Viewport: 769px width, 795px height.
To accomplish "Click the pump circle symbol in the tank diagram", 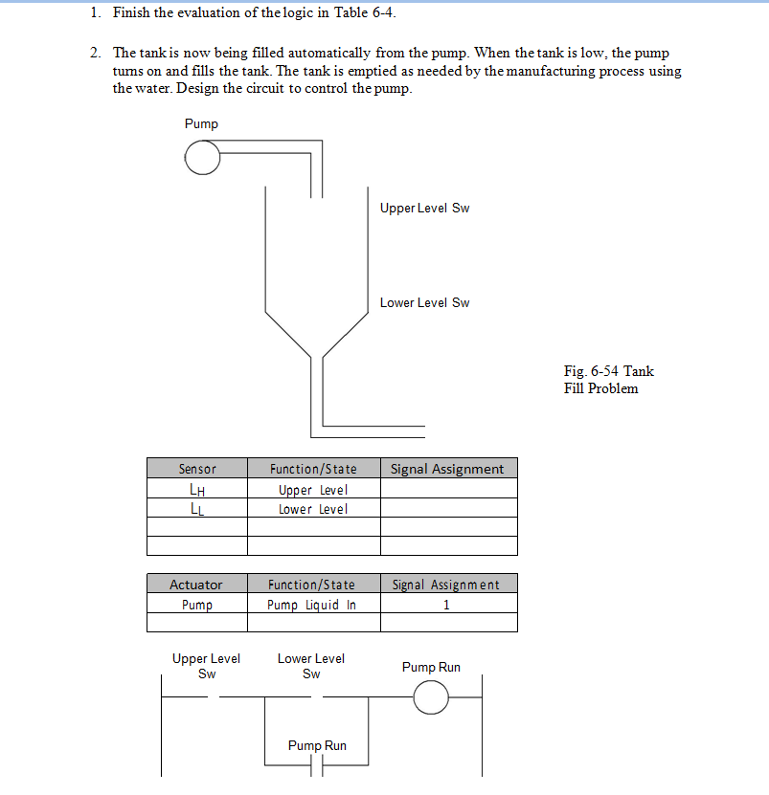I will tap(202, 158).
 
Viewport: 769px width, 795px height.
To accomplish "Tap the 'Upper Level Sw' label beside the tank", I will tap(424, 208).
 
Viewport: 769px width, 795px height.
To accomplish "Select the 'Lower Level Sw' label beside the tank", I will tap(424, 302).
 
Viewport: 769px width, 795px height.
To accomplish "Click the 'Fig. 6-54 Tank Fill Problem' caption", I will tap(608, 380).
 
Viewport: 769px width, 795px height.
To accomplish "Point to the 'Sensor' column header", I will tap(197, 469).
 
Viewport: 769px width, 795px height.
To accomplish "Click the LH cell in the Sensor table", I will tap(197, 490).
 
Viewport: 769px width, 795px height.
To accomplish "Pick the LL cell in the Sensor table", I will tap(197, 509).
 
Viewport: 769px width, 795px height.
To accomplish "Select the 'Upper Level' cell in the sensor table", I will tap(313, 490).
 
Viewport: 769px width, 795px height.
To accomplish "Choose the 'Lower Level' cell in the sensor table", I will tap(313, 509).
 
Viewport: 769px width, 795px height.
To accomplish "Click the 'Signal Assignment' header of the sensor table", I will tap(447, 469).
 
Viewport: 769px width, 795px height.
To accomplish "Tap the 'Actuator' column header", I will tap(196, 585).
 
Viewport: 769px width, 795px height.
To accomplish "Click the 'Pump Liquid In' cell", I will tap(312, 605).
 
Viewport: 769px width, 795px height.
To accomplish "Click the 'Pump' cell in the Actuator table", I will tap(196, 605).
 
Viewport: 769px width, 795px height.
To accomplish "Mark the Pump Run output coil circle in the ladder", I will tap(431, 698).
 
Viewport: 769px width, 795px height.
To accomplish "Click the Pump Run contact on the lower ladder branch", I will tap(317, 765).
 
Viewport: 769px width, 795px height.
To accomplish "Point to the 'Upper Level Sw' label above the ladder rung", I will tap(206, 666).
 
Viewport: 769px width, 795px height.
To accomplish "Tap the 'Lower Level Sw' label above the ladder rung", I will tap(311, 666).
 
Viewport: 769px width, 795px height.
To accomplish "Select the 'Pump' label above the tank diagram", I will tap(201, 123).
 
